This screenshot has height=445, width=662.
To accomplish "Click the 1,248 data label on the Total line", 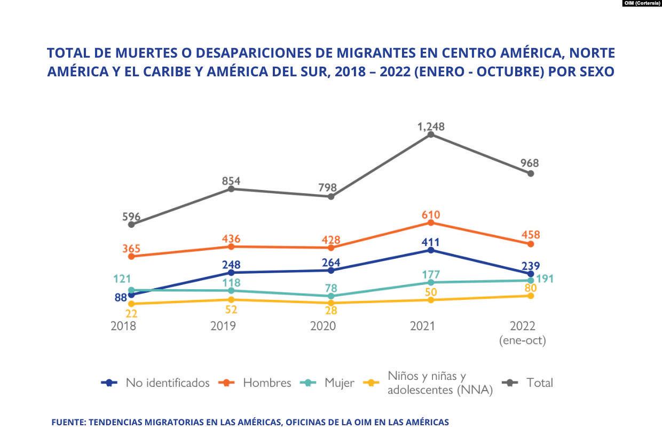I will [x=430, y=126].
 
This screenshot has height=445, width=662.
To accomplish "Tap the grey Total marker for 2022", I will [x=531, y=173].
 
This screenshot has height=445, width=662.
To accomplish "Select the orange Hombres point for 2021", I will [x=430, y=222].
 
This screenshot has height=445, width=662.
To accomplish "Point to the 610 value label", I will [x=430, y=214].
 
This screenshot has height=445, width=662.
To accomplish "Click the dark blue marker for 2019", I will [x=231, y=273].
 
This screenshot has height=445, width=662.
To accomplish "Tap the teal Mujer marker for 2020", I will [x=331, y=296].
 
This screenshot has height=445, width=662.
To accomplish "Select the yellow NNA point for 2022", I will [x=531, y=296].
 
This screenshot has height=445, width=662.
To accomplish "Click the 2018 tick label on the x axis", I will [x=123, y=326].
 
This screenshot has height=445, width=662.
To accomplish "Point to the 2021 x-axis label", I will [x=423, y=326].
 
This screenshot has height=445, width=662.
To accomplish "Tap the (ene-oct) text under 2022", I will [x=523, y=340].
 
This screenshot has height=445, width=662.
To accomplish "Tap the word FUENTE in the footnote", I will [x=68, y=422].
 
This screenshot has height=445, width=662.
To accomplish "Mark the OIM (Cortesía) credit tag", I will [x=642, y=3].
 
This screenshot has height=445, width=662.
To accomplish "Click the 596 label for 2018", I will [x=131, y=217].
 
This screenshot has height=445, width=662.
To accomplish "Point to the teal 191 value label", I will [x=545, y=279].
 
